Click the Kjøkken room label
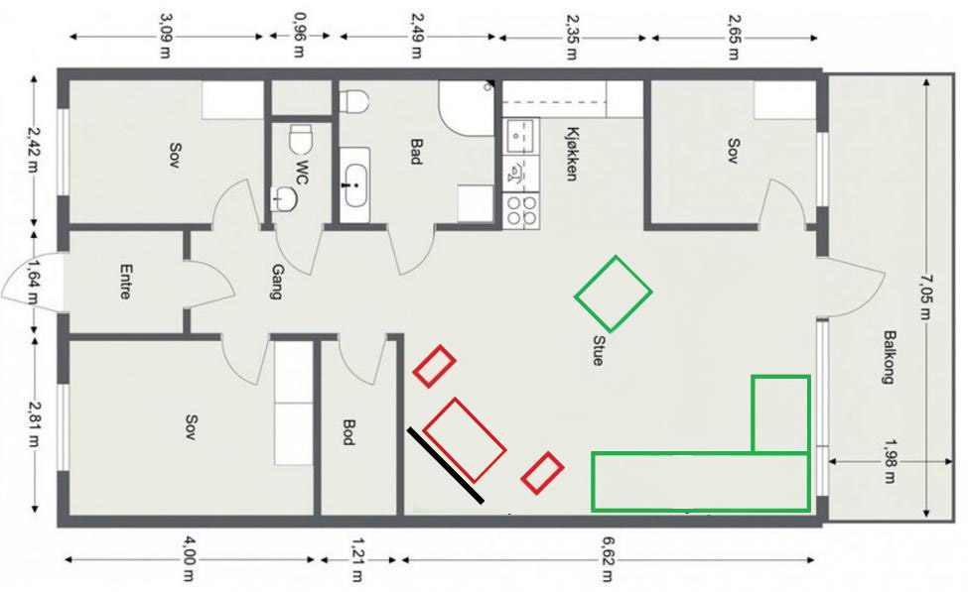572,154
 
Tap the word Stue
598,350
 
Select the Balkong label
889,358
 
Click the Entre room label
125,282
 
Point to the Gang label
277,282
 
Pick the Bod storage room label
348,432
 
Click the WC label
302,173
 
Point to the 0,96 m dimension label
299,35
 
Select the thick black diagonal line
445,466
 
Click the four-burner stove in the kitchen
521,209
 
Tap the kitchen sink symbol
521,136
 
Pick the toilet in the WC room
300,140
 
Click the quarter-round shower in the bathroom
466,107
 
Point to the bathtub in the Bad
355,185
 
